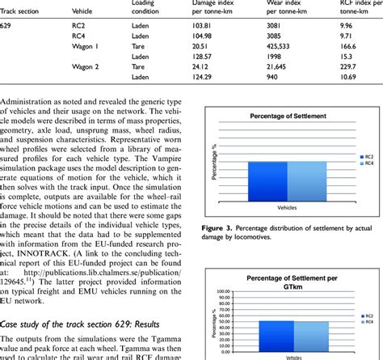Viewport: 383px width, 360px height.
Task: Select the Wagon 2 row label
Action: (x=84, y=68)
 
